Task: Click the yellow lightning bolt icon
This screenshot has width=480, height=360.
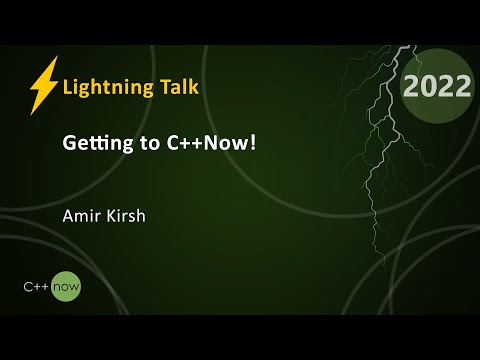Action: [x=43, y=85]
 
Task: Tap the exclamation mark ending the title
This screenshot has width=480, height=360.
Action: [x=254, y=144]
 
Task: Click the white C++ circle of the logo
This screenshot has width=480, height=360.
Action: [x=37, y=287]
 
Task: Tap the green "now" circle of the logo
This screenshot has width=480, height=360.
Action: [x=66, y=287]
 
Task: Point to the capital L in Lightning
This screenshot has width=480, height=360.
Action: [x=67, y=87]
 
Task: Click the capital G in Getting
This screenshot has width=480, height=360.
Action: [x=70, y=145]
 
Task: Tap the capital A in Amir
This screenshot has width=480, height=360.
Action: [x=68, y=213]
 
